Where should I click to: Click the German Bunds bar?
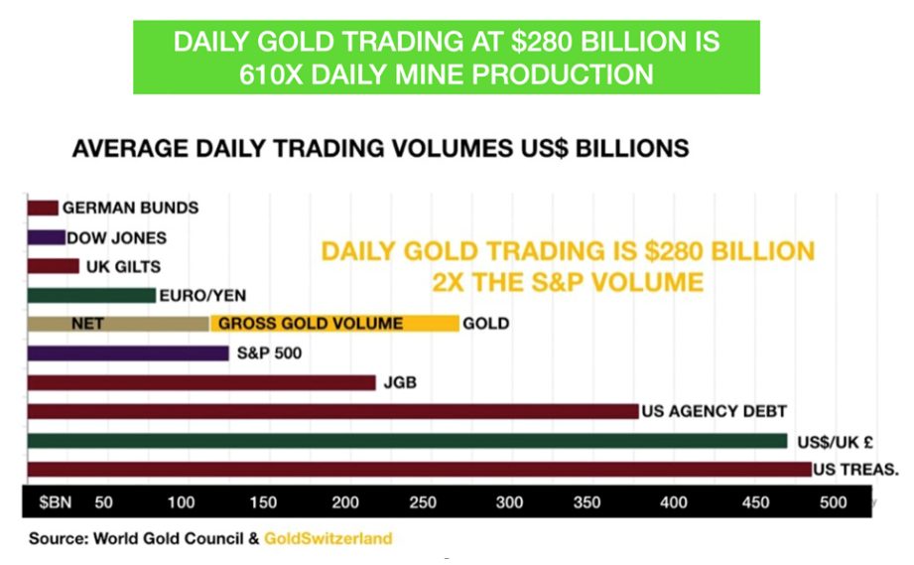pyautogui.click(x=43, y=208)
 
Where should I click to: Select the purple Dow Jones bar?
pyautogui.click(x=46, y=237)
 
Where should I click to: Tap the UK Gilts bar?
pyautogui.click(x=53, y=266)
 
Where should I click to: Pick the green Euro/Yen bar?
pyautogui.click(x=91, y=295)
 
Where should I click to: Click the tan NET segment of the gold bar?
pyautogui.click(x=118, y=324)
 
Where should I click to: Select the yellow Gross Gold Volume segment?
pyautogui.click(x=334, y=324)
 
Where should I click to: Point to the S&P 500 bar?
pyautogui.click(x=128, y=353)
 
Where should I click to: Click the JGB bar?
pyautogui.click(x=201, y=382)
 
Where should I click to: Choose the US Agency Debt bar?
pyautogui.click(x=332, y=411)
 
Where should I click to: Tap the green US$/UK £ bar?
pyautogui.click(x=407, y=441)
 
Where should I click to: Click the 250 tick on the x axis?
pyautogui.click(x=423, y=501)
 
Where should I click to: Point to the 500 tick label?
pyautogui.click(x=834, y=501)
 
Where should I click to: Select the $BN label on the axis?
pyautogui.click(x=55, y=501)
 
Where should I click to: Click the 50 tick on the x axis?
pyautogui.click(x=103, y=501)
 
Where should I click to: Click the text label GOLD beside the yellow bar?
pyautogui.click(x=485, y=324)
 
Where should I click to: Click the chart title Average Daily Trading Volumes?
pyautogui.click(x=380, y=149)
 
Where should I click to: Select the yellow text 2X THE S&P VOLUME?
pyautogui.click(x=568, y=281)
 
